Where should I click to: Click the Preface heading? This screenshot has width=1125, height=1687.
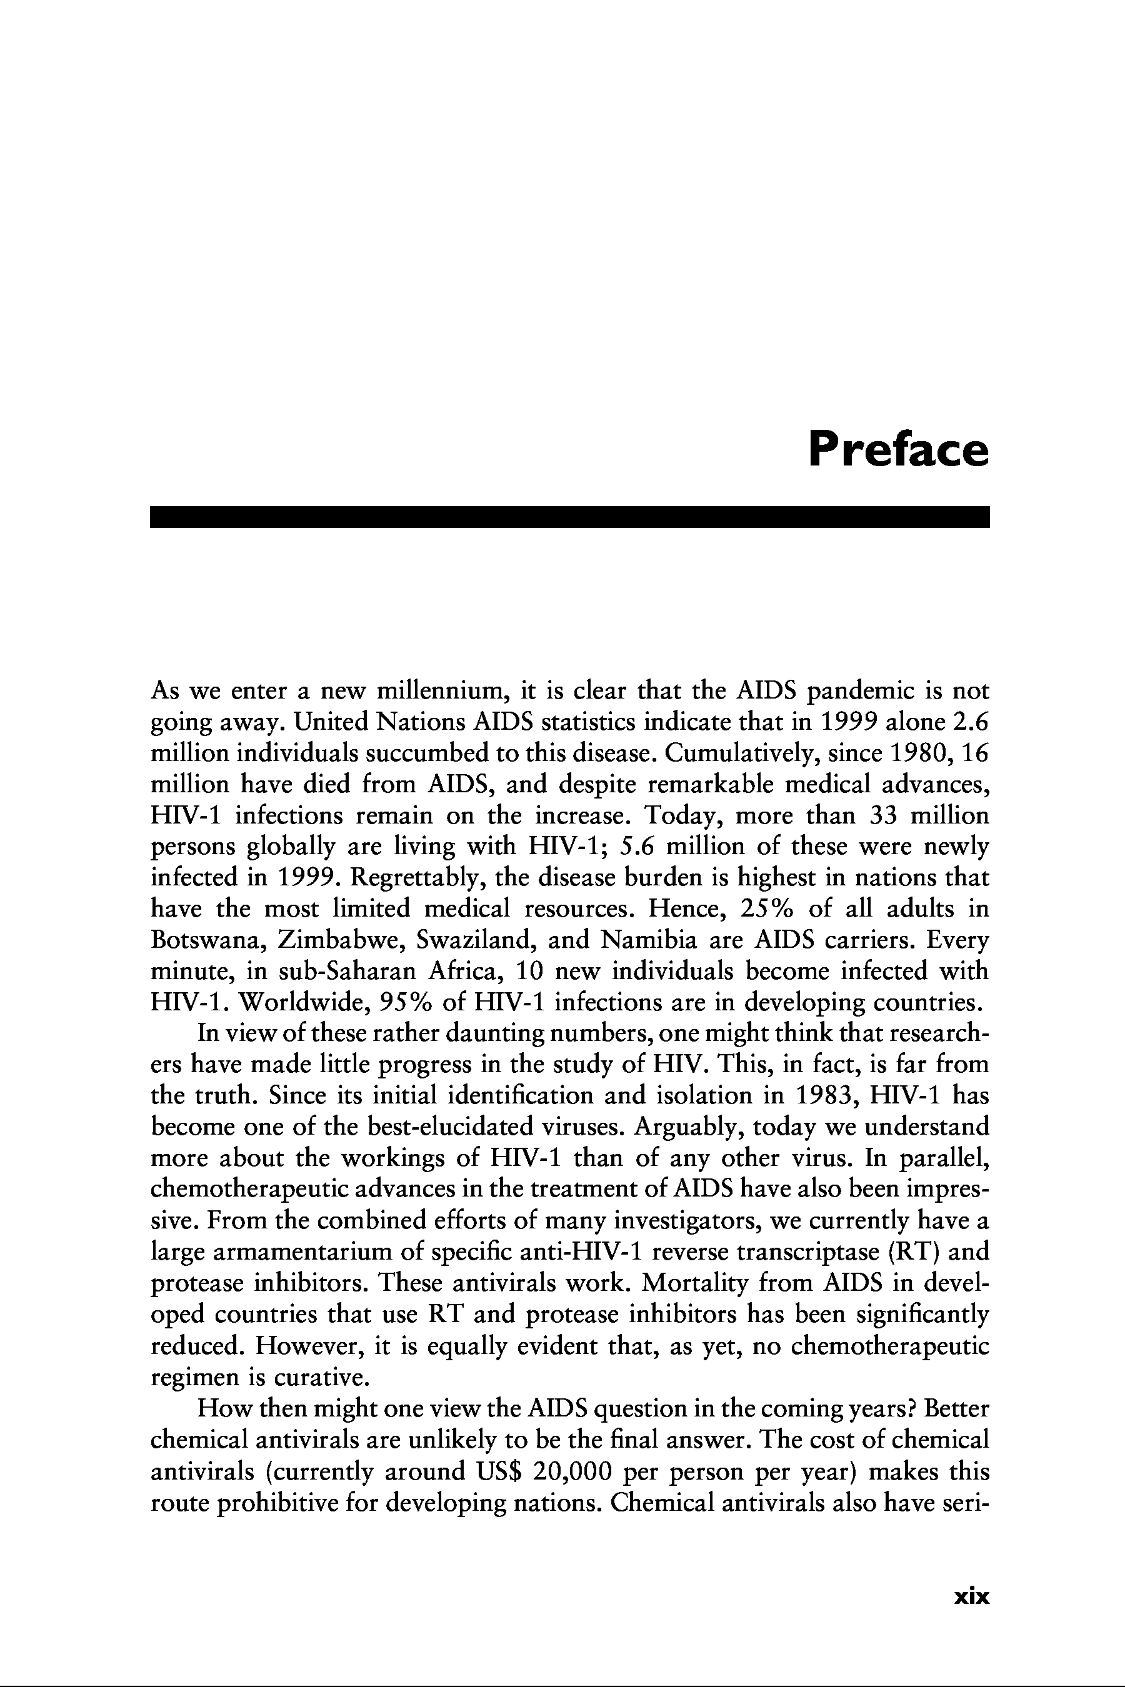[x=897, y=449]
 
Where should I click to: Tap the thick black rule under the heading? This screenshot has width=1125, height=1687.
[x=569, y=517]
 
